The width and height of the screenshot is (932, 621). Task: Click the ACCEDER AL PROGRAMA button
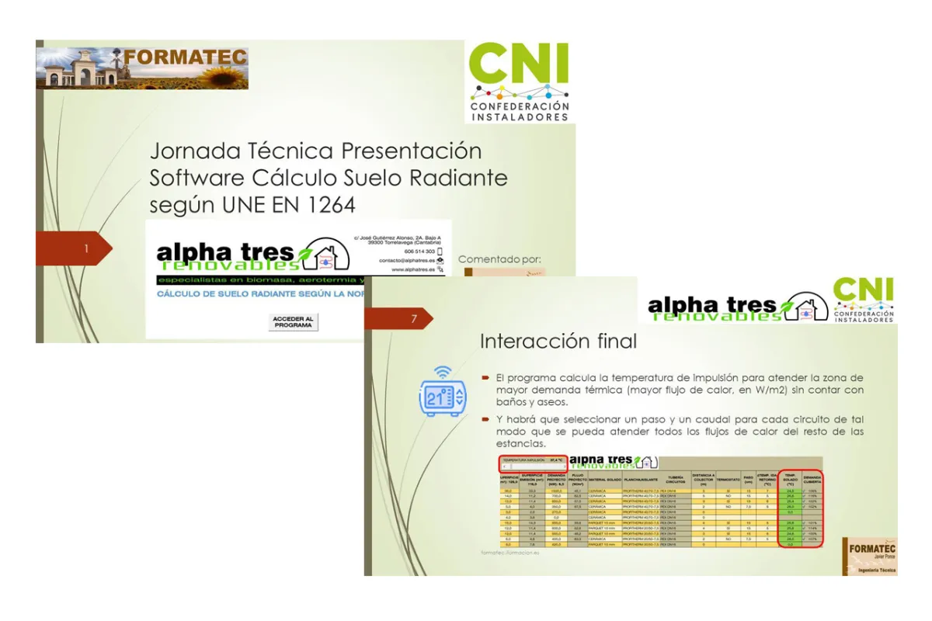(294, 322)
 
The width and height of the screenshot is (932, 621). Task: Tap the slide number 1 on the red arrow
(87, 248)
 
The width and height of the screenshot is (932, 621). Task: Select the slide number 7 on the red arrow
(414, 319)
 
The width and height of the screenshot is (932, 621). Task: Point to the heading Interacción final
(558, 341)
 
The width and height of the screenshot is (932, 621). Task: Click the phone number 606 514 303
(419, 252)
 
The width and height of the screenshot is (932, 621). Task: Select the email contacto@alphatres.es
(407, 261)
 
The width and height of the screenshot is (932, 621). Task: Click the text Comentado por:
(499, 258)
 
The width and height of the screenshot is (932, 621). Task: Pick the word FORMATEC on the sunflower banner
(185, 57)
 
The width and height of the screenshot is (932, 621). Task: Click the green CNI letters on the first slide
(519, 65)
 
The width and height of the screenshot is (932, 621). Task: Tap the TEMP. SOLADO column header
(790, 478)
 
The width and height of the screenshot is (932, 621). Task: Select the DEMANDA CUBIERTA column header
(812, 478)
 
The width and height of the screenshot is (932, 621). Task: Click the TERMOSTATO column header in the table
(728, 479)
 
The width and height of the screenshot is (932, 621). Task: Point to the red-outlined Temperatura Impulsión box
(533, 462)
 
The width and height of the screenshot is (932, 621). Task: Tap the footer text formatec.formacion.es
(509, 553)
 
